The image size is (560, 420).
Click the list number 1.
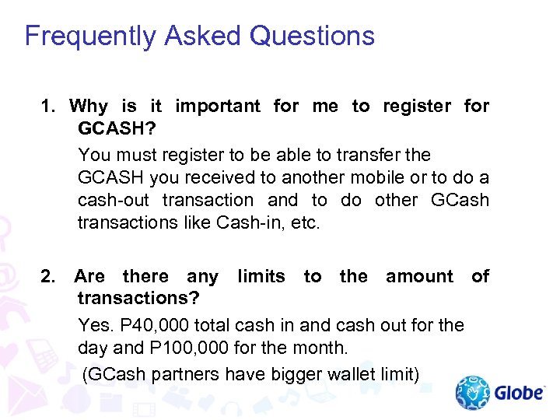pos(46,106)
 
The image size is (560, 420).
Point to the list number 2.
pos(47,276)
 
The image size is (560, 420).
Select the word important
pos(218,106)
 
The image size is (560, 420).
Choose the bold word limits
pos(261,276)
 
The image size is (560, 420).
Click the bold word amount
pos(419,276)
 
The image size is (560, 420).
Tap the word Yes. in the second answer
pos(95,325)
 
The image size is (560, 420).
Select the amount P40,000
pos(147,325)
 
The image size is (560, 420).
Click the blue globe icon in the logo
pos(472,393)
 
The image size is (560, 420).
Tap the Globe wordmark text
pos(520,393)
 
